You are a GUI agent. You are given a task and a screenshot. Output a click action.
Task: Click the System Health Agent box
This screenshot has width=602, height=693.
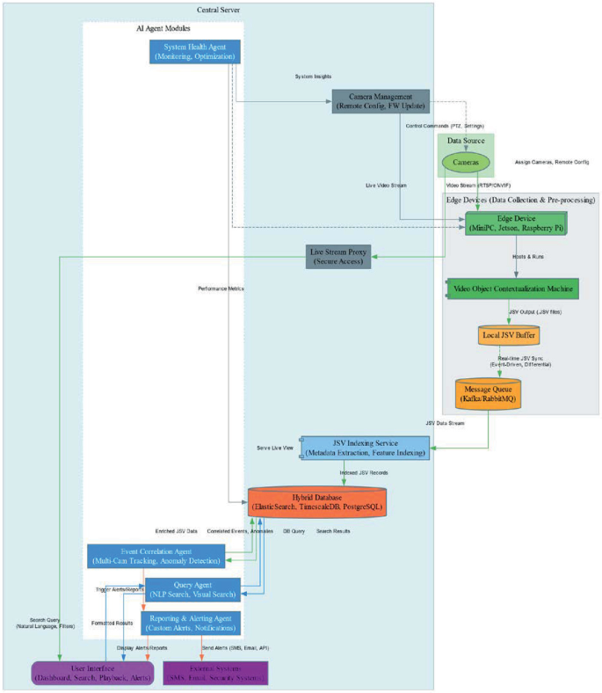[x=195, y=51]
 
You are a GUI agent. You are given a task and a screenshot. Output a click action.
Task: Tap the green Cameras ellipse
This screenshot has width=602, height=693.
[x=466, y=163]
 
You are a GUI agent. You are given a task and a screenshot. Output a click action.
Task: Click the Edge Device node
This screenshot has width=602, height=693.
[x=515, y=223]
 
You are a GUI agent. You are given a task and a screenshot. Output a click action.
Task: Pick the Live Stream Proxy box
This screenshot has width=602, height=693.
[x=338, y=256]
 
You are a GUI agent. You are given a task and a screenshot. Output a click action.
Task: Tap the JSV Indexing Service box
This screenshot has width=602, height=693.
[x=364, y=447]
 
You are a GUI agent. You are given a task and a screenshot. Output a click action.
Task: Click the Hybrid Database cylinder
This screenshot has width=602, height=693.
[x=317, y=503]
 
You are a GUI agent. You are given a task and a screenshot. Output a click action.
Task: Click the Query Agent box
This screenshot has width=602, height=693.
[x=192, y=589]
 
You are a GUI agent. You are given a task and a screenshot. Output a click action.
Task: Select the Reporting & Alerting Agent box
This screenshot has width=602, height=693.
[x=191, y=623]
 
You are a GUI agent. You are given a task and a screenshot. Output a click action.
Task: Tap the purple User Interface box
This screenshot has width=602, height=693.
[x=92, y=673]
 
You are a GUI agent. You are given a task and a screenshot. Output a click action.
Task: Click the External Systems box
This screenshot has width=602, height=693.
[x=214, y=673]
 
